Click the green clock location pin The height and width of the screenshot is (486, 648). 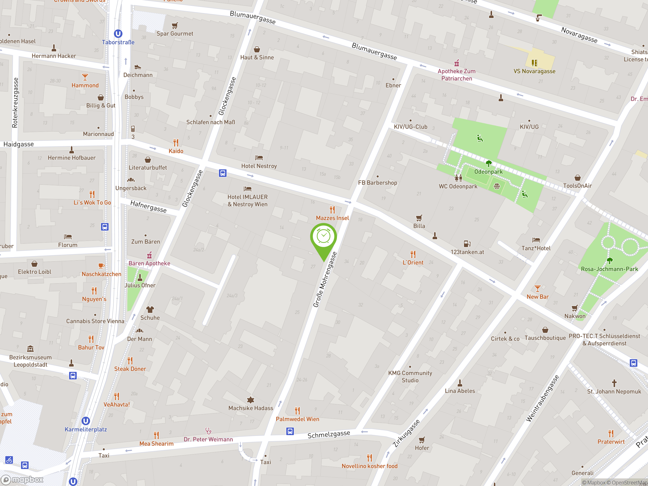click(323, 237)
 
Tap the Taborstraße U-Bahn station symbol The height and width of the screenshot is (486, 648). click(118, 34)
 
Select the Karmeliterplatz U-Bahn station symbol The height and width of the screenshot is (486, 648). click(86, 421)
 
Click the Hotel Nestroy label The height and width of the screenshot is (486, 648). click(259, 166)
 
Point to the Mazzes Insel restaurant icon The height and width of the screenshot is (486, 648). click(332, 210)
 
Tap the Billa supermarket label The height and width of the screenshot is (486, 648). click(419, 226)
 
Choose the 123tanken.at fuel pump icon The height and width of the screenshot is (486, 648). click(467, 244)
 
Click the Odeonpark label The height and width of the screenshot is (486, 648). click(488, 172)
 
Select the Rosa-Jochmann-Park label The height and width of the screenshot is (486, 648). click(609, 269)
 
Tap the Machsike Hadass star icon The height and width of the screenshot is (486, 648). click(251, 400)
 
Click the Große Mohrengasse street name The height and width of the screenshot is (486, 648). click(325, 280)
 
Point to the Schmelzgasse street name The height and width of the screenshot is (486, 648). click(329, 434)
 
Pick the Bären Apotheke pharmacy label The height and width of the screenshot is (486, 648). click(149, 263)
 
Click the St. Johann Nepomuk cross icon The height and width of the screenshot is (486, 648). click(614, 383)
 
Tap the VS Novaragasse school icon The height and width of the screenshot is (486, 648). click(535, 63)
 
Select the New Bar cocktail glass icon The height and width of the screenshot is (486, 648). click(538, 289)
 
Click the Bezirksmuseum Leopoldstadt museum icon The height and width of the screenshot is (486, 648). click(30, 349)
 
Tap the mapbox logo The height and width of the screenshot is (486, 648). click(22, 480)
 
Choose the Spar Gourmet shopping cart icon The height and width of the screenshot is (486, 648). click(175, 26)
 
